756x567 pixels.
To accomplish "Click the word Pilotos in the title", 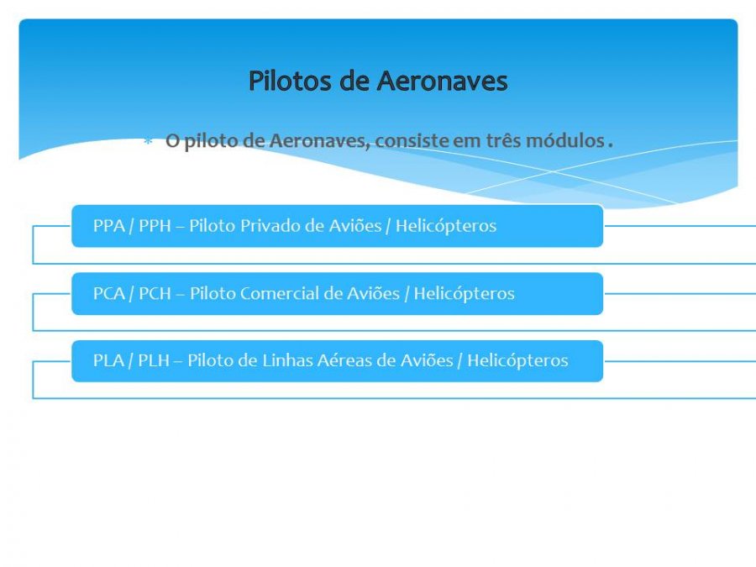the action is tap(291, 81).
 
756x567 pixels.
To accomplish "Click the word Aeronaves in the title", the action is tap(442, 81).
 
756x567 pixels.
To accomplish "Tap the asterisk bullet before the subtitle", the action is tap(148, 141).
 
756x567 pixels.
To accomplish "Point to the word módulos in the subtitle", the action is tap(565, 140).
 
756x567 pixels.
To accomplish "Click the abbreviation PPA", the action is tap(109, 226).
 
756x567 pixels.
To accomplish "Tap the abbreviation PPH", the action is tap(155, 226).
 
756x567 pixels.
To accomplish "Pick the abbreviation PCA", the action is tap(109, 293).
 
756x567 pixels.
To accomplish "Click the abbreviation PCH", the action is tap(155, 293).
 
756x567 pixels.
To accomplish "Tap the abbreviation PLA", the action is tap(108, 360).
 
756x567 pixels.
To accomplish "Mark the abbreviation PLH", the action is tap(154, 360).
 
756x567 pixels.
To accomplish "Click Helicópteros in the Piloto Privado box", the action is tap(446, 226).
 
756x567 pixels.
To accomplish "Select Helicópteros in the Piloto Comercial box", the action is tap(465, 294).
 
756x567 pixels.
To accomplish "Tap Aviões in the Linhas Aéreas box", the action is tap(428, 360).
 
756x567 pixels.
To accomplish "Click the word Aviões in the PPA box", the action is tap(355, 226).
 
